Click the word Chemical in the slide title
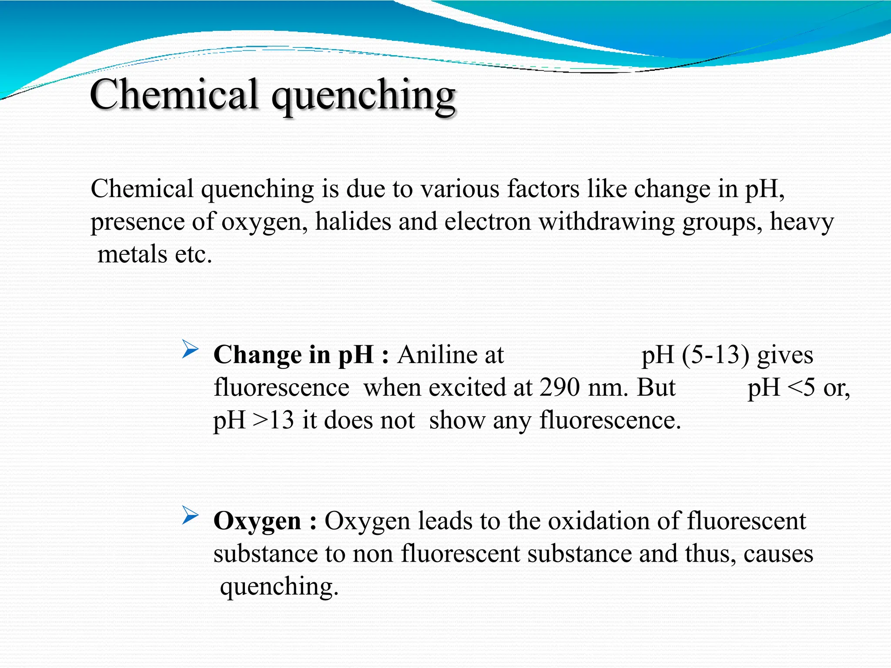click(174, 95)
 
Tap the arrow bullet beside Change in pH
click(190, 349)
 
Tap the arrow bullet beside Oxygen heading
click(190, 515)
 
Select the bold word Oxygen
click(257, 521)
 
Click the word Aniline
click(450, 355)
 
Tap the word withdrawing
click(606, 222)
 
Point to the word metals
click(132, 254)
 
